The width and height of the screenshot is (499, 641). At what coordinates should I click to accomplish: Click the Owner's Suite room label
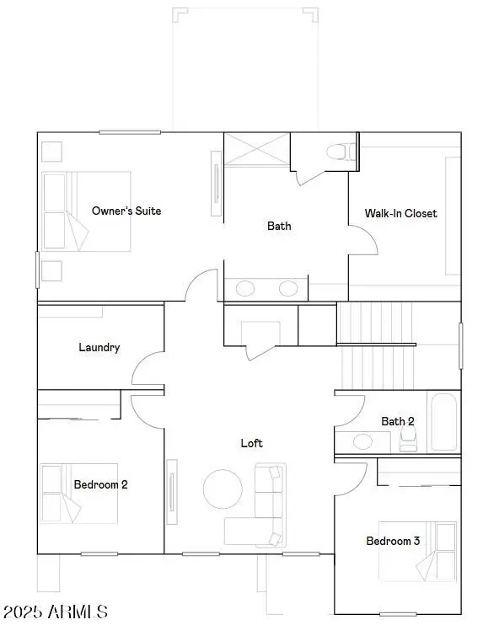coord(126,211)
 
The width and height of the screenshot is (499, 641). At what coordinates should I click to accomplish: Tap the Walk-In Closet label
coord(400,213)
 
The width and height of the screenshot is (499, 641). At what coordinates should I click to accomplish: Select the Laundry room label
coord(99,347)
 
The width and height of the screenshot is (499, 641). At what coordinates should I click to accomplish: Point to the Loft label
coord(251,443)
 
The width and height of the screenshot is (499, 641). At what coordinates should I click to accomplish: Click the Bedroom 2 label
coord(100,484)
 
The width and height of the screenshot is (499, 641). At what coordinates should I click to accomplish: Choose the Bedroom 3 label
coord(392,541)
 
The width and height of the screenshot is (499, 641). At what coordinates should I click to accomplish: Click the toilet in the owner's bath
coord(341,152)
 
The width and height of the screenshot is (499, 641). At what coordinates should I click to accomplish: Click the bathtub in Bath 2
coord(444,423)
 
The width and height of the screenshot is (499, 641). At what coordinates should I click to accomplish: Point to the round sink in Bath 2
coord(363,441)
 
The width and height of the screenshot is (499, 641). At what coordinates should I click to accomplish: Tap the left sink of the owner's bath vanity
coord(245,289)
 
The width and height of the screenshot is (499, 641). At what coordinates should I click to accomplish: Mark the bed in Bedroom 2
coord(61,493)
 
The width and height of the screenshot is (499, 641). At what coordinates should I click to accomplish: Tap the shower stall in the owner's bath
coord(256,150)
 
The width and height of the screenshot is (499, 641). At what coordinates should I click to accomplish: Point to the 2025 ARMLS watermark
coord(55,612)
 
